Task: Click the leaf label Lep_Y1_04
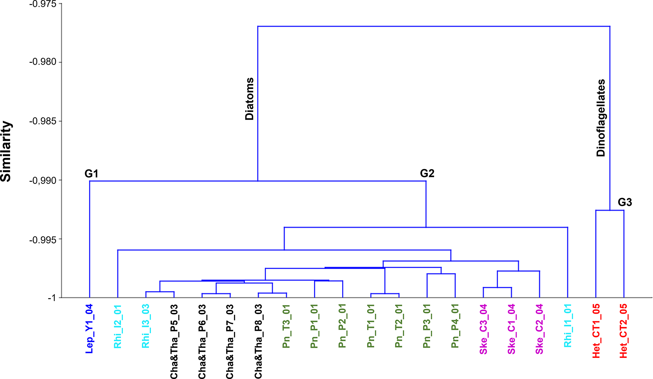[x=89, y=329]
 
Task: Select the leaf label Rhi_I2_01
[x=118, y=326]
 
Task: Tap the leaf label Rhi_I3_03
[x=146, y=326]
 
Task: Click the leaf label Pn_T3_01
[x=286, y=326]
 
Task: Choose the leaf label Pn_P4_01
[x=455, y=326]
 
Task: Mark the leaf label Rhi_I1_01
[x=568, y=325]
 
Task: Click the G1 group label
[x=92, y=174]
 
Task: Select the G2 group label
[x=427, y=173]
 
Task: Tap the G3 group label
[x=625, y=202]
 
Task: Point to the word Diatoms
[x=250, y=99]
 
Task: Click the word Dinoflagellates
[x=601, y=118]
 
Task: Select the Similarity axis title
[x=6, y=151]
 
